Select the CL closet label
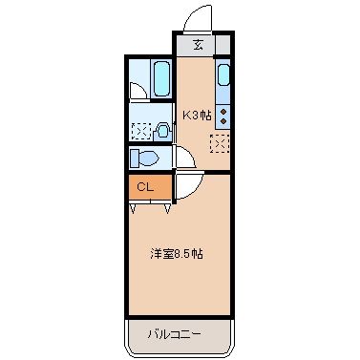click(x=145, y=187)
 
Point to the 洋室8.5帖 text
click(x=176, y=255)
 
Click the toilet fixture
click(x=147, y=157)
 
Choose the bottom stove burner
click(x=223, y=120)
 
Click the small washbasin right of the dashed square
click(x=162, y=131)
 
